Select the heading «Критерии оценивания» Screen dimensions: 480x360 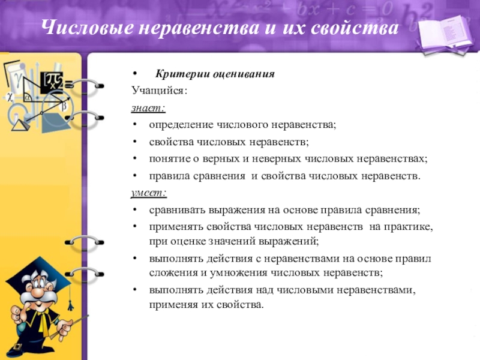coord(215,74)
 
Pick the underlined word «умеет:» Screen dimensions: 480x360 coord(149,194)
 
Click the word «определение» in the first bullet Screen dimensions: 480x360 coord(181,125)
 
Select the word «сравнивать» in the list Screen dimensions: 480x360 coord(176,211)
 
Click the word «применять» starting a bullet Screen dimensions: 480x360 coord(176,228)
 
